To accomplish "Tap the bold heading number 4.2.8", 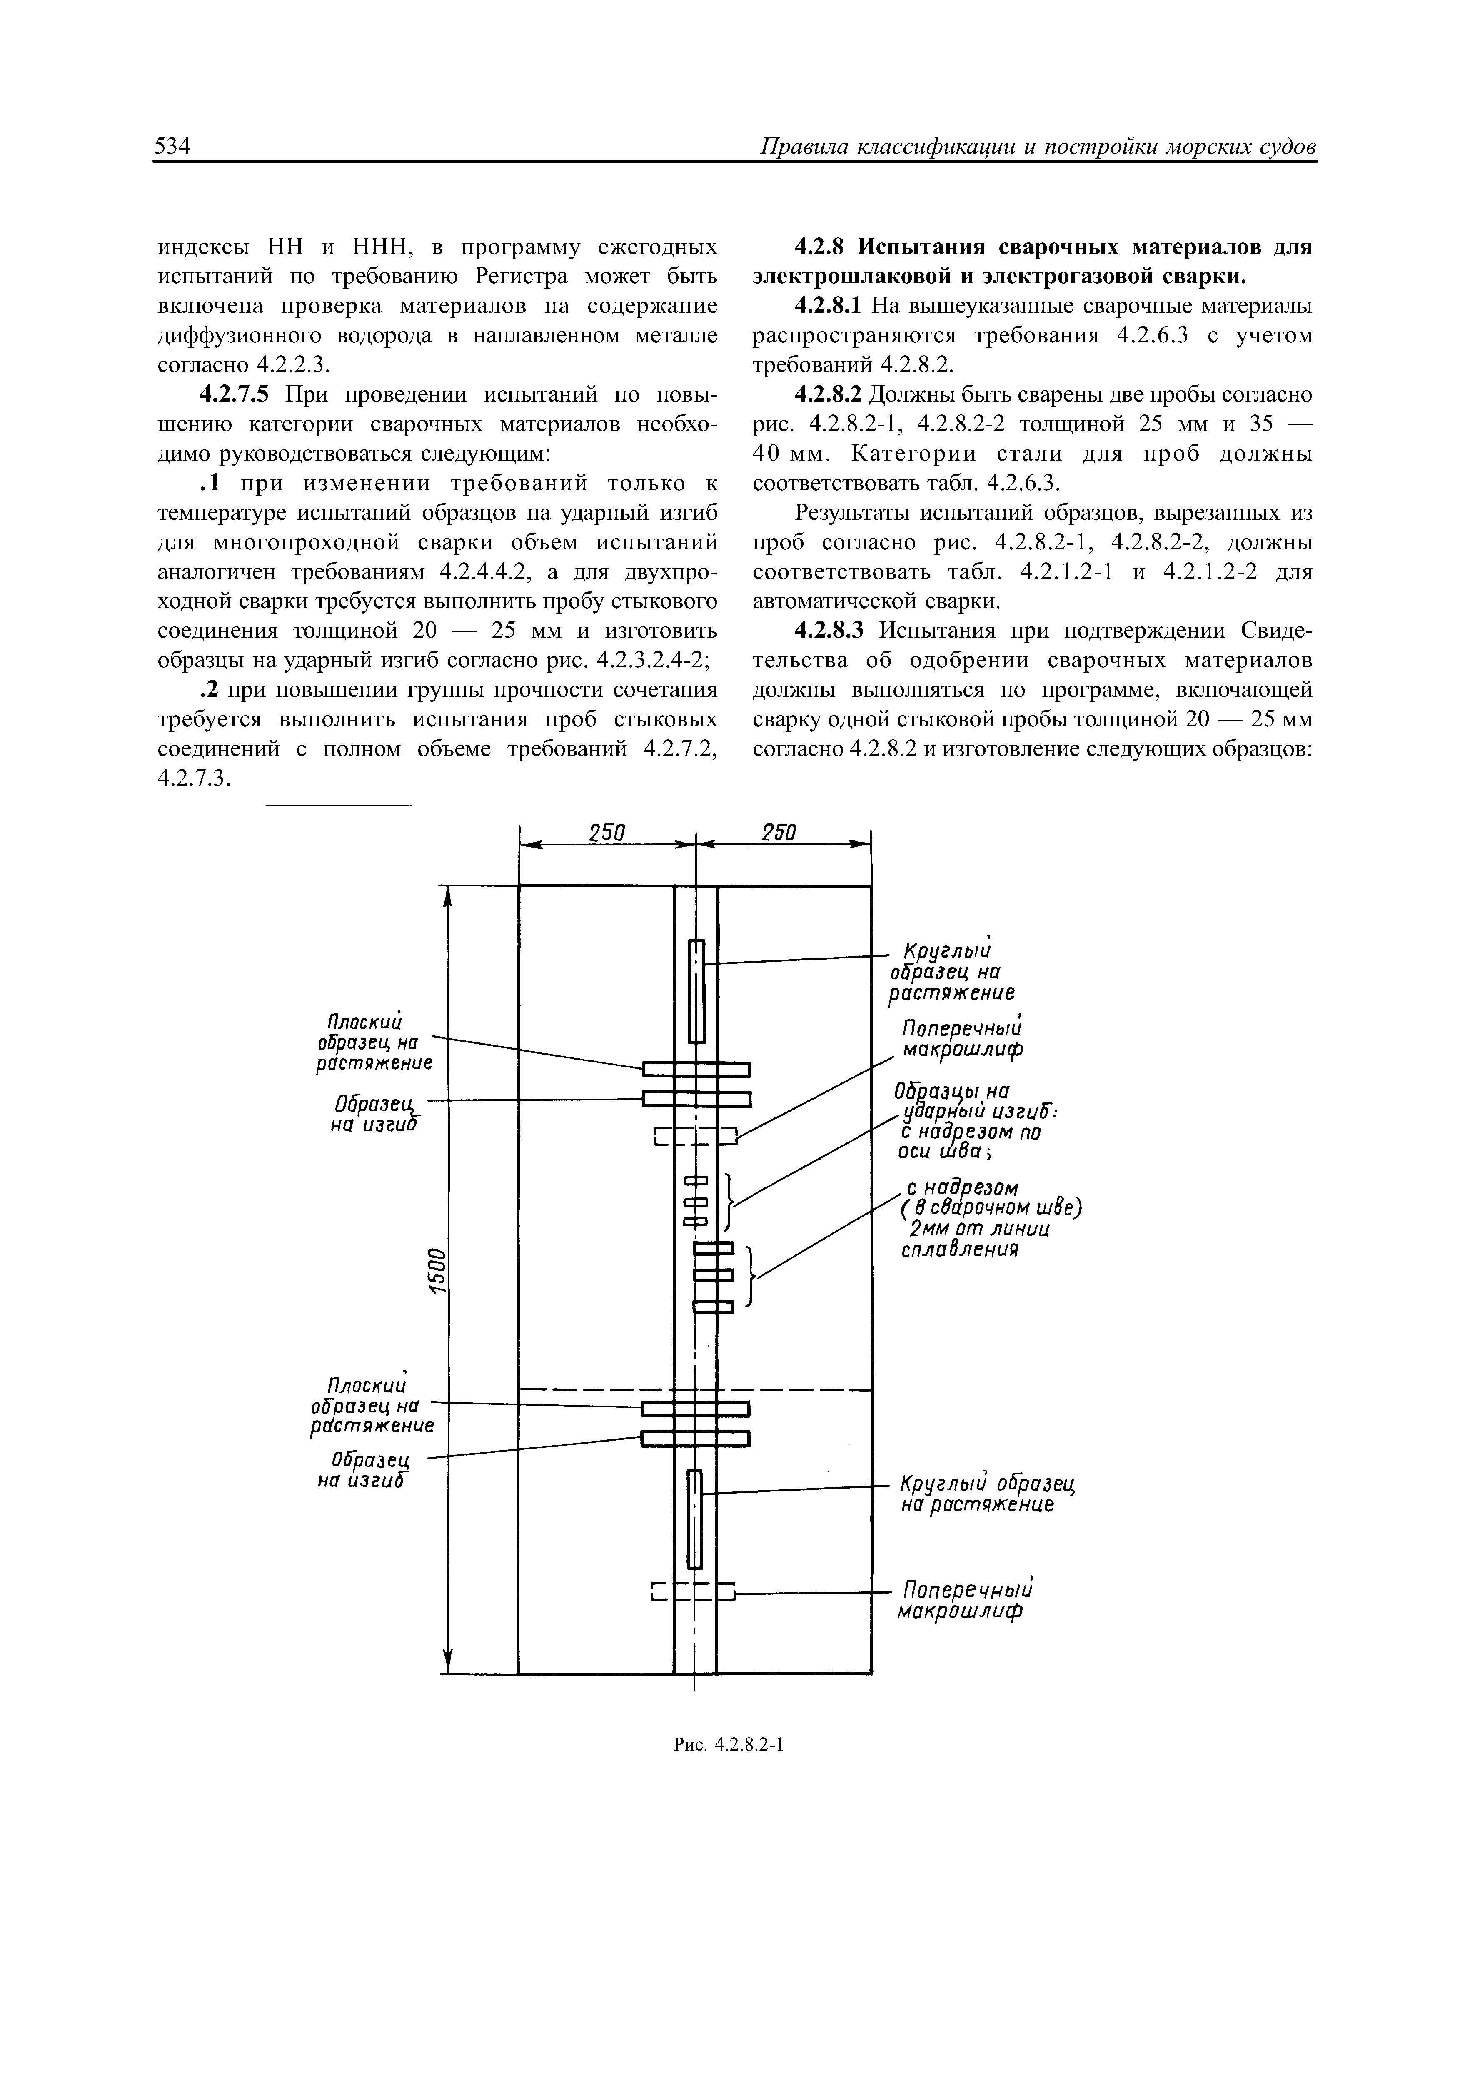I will click(x=821, y=247).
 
